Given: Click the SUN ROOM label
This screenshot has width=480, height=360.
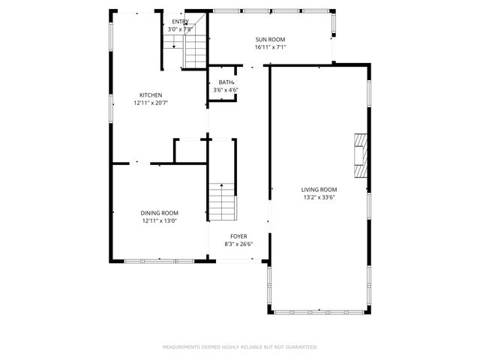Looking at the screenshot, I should coord(270,40).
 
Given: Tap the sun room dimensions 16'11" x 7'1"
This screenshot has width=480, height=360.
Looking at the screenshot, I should coord(270,47).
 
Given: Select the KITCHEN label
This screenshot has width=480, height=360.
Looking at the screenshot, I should coord(150,94).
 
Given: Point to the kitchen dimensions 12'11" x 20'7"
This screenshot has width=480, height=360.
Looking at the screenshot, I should coord(150,102).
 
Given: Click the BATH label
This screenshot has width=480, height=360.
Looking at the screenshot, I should coord(225,82).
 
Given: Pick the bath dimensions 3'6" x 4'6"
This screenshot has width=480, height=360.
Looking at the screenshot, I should coord(225,90).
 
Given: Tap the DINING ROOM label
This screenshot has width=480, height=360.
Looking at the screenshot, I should coord(160,213).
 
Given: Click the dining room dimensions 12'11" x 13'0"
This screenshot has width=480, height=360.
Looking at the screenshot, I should coord(160,221).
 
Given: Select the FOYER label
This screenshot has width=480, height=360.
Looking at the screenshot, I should coord(238,236).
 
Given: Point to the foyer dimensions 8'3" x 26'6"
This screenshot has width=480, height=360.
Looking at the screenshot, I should coord(238,244).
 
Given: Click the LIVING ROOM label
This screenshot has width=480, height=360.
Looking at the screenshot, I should coord(319,190).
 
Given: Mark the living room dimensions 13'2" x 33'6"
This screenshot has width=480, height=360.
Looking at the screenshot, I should coord(319,198).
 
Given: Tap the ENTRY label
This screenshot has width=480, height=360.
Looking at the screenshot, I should coord(180,22).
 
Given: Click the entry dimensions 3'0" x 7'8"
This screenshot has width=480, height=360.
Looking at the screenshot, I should coord(179,29).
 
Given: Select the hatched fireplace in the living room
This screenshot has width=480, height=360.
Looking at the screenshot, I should coord(362,155).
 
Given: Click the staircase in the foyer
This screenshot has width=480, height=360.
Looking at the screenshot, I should coord(222,201).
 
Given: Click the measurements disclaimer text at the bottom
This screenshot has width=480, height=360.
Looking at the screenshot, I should coord(240,347).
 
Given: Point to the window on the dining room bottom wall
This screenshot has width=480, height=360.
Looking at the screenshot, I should coord(159,260).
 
